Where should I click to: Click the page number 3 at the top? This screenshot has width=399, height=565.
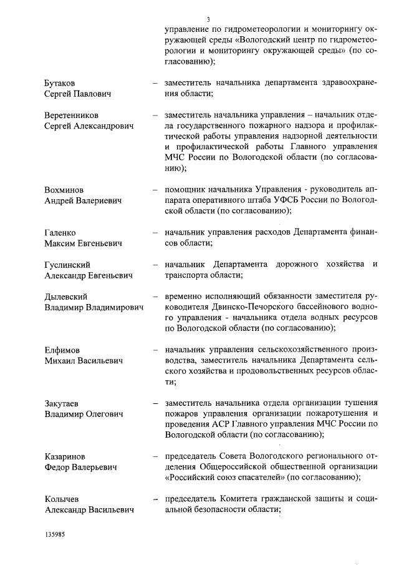coord(208,19)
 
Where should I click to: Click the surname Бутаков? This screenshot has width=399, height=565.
coord(62,82)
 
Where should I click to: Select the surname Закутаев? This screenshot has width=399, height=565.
coord(62,403)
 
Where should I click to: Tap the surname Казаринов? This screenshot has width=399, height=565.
coord(65,456)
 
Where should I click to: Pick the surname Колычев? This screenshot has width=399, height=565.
coord(62,499)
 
